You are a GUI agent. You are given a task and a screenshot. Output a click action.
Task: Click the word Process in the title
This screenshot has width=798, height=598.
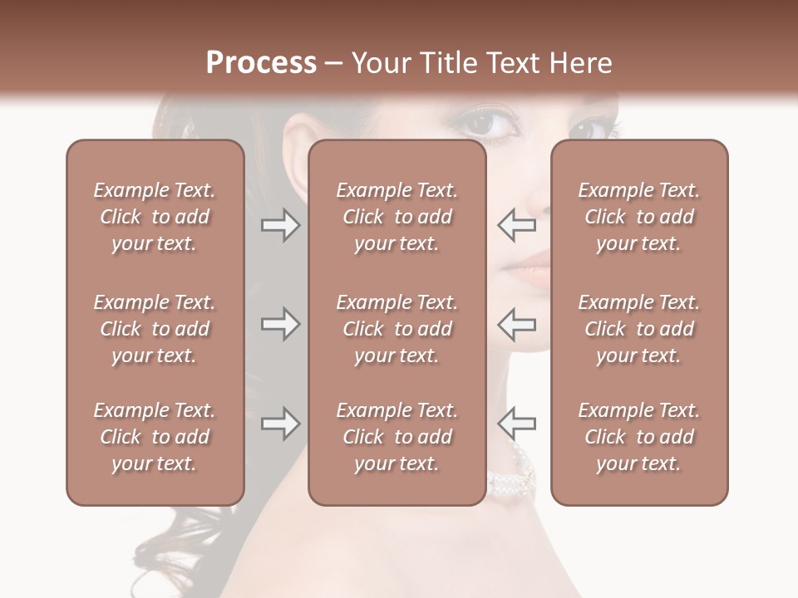(x=261, y=63)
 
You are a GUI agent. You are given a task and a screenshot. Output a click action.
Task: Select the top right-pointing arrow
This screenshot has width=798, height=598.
(x=281, y=224)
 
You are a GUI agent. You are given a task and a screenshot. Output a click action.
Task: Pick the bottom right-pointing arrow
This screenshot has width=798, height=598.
(x=281, y=424)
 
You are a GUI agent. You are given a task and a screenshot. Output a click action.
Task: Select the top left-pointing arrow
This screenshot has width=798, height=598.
(x=516, y=224)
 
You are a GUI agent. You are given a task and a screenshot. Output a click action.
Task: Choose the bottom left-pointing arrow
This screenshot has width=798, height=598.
(x=516, y=424)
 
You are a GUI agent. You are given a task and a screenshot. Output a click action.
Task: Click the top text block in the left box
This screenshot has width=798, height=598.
(x=155, y=217)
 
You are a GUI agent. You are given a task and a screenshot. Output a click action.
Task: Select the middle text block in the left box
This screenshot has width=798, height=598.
(x=155, y=329)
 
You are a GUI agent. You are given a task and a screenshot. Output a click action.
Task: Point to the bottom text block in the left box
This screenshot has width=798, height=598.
(x=155, y=437)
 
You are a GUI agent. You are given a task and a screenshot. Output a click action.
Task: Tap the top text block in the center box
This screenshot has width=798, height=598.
(x=397, y=217)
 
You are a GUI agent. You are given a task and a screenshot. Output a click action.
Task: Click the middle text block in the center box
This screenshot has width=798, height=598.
(x=397, y=329)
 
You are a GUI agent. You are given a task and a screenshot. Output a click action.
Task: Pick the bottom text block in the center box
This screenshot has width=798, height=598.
(x=397, y=437)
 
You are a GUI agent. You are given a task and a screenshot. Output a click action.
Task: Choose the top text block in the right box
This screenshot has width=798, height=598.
(x=638, y=217)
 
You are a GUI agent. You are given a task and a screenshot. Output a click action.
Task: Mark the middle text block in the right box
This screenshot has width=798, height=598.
(x=638, y=329)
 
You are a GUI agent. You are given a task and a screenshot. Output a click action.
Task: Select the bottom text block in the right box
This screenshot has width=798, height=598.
(x=638, y=437)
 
